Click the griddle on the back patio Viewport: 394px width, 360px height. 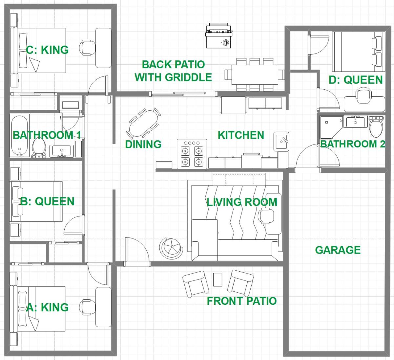(x=219, y=35)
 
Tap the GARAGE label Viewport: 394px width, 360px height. (x=338, y=250)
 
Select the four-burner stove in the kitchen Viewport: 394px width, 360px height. (x=192, y=154)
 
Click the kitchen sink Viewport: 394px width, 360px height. (x=281, y=141)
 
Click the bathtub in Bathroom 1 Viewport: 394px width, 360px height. (x=19, y=136)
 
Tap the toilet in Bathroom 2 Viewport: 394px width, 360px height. (x=376, y=127)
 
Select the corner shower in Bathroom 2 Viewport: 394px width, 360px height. (x=331, y=127)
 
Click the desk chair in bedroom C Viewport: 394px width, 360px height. (x=87, y=48)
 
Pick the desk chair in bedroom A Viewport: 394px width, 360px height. (x=87, y=307)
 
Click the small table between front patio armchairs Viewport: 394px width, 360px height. (x=218, y=280)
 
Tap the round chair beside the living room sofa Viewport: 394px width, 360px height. (x=171, y=247)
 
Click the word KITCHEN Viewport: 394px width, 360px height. (x=241, y=135)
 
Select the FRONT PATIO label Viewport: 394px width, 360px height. (x=242, y=301)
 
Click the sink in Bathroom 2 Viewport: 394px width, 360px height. (x=355, y=122)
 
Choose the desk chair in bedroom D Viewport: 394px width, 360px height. (x=364, y=95)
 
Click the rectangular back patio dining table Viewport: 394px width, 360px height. (x=255, y=75)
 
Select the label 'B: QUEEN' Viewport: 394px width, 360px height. (x=47, y=201)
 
